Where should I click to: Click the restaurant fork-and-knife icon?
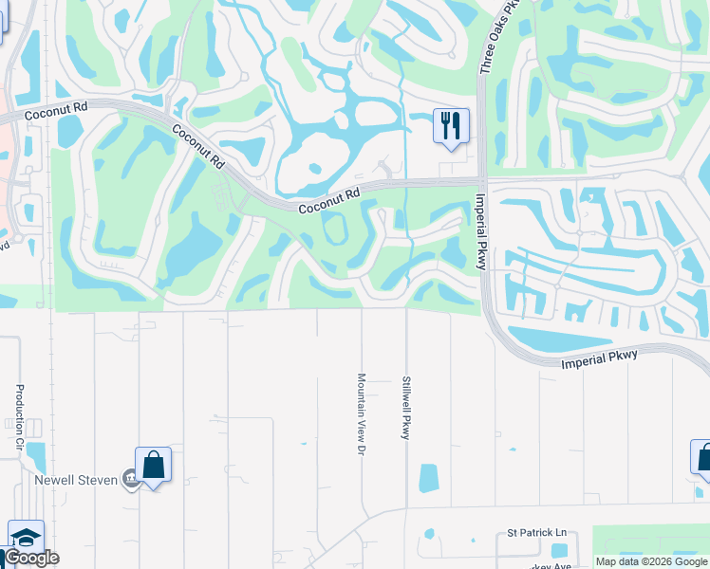(x=451, y=125)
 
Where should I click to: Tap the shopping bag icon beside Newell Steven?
(x=153, y=465)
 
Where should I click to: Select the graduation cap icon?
(x=26, y=537)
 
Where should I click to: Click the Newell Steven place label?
(x=76, y=480)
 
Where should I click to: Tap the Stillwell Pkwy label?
(x=406, y=408)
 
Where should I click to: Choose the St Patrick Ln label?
(x=535, y=534)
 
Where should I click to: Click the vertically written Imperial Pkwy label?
(x=480, y=231)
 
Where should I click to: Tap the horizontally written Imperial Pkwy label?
(x=598, y=359)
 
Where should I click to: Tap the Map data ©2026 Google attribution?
(x=650, y=561)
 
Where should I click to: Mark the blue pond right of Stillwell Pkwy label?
(x=429, y=478)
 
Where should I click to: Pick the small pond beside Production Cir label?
(x=36, y=457)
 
